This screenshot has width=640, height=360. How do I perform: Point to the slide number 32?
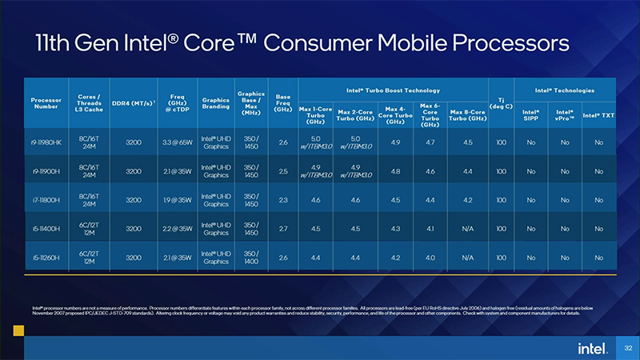pos(628,348)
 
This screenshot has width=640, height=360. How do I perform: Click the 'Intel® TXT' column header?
pos(598,115)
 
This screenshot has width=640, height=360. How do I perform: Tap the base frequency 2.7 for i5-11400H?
pos(282,229)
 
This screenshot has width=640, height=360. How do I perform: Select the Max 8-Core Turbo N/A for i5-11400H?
pos(468,229)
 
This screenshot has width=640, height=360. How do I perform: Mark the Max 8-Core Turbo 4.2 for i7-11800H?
pos(468,200)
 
